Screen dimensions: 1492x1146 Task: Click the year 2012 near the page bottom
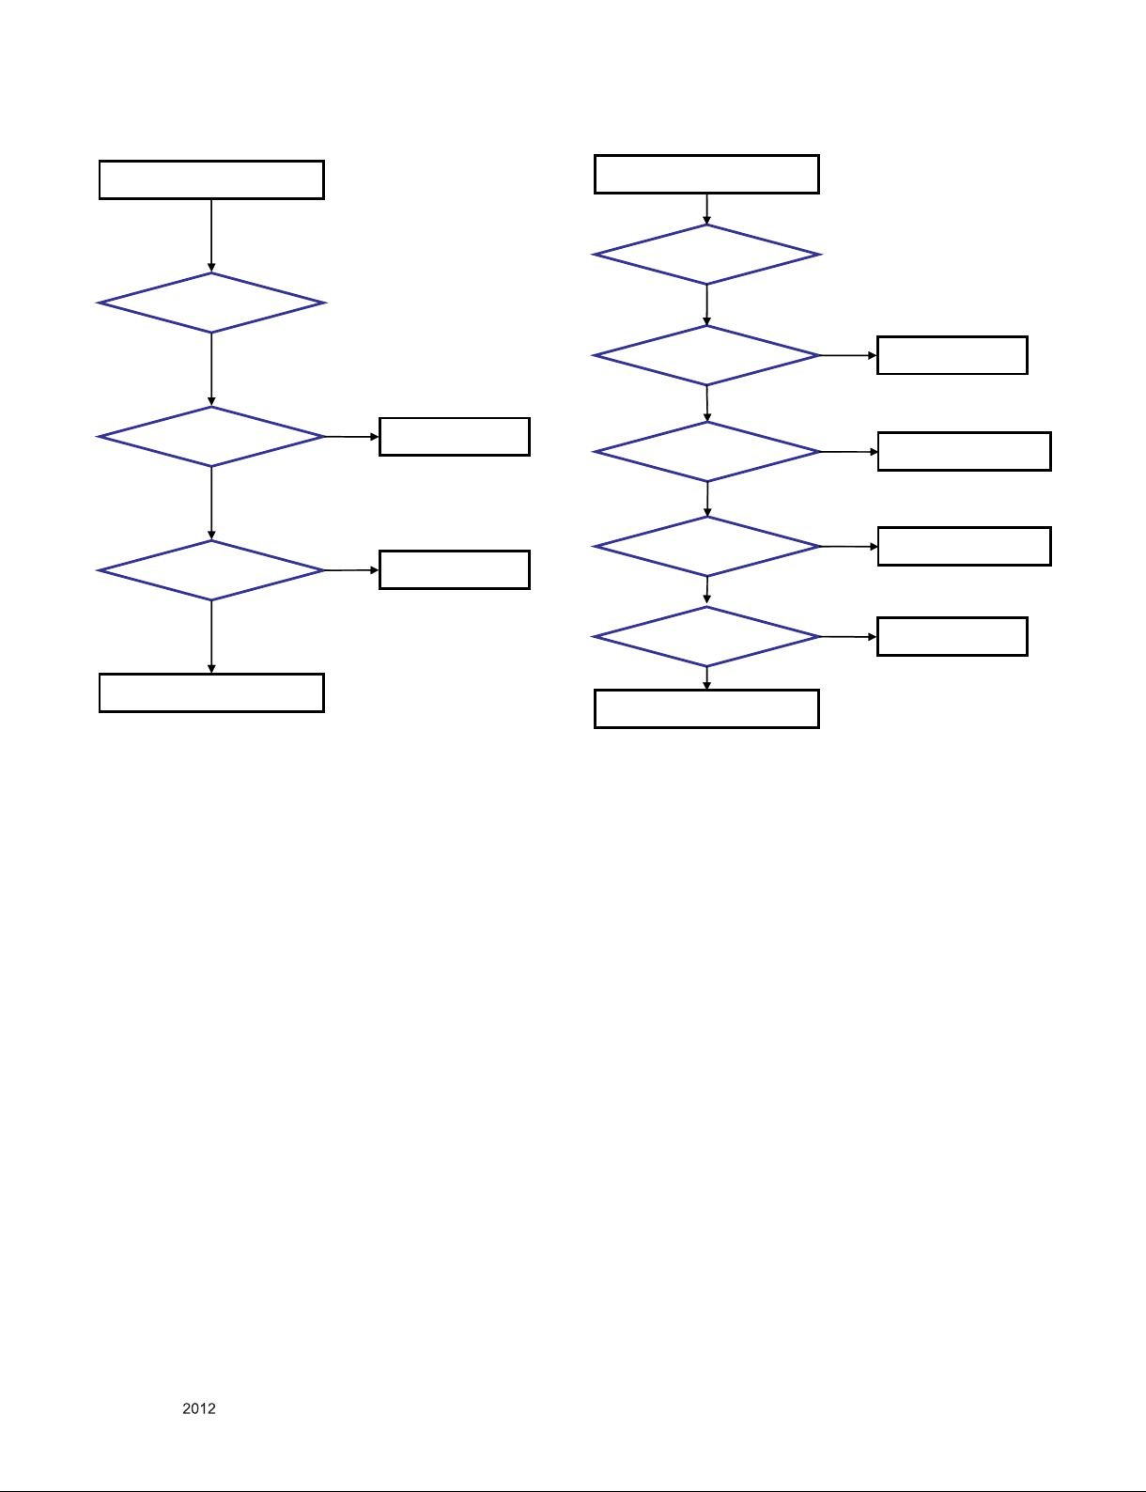199,1408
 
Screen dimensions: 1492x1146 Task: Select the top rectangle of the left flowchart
211,179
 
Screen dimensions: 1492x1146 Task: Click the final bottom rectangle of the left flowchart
211,692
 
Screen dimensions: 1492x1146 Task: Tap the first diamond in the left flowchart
211,303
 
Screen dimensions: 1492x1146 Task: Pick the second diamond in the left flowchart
211,437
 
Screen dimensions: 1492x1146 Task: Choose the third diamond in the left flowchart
211,570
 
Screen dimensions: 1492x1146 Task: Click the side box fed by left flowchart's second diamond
455,437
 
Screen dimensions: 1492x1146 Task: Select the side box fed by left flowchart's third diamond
455,570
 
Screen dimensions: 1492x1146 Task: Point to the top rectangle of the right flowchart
706,175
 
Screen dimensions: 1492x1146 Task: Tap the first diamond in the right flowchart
706,255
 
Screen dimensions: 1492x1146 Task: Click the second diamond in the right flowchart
706,355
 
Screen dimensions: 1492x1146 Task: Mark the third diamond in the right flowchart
706,452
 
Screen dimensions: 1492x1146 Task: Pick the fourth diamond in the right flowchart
706,546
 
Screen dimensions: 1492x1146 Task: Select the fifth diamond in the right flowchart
706,637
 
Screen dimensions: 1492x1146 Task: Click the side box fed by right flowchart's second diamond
952,355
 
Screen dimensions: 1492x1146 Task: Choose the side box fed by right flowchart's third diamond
964,452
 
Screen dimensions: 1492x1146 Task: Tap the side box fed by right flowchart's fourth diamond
964,546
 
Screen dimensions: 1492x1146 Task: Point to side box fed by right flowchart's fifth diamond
952,637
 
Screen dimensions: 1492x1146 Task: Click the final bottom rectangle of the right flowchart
706,708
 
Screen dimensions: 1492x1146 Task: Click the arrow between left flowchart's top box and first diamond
211,235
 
